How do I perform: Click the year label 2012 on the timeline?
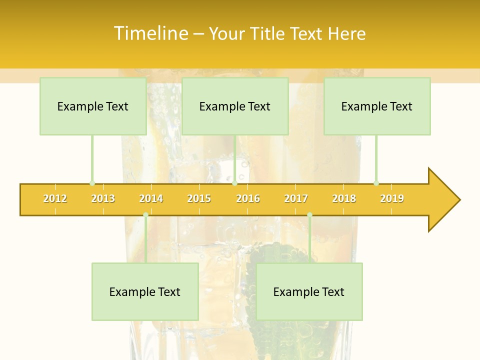click(55, 198)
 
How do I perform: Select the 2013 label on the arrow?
click(103, 198)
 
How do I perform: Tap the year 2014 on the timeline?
click(151, 198)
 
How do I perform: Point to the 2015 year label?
click(199, 198)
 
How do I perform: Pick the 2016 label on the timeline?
click(248, 198)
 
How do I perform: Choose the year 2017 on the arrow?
click(296, 198)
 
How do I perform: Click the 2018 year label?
click(344, 198)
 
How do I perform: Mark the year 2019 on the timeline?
click(392, 198)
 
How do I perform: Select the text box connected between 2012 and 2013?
click(93, 106)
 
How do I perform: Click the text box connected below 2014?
click(145, 291)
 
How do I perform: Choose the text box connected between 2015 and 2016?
click(235, 106)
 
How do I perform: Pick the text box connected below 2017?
click(309, 291)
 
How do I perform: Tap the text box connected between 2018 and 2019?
click(377, 106)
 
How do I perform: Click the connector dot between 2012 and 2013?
click(92, 183)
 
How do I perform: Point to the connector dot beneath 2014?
click(145, 215)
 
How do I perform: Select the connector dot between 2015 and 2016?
click(234, 183)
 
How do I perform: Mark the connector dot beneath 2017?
click(309, 215)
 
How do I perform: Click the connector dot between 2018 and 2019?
click(376, 183)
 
